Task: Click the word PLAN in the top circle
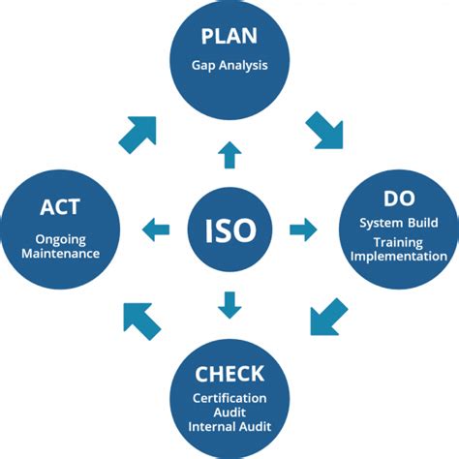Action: (x=229, y=37)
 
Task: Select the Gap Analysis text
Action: (x=229, y=66)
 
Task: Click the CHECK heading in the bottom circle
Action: (x=229, y=374)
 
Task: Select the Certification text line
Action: (x=229, y=397)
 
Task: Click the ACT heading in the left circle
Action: (x=60, y=205)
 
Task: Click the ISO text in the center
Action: (x=229, y=229)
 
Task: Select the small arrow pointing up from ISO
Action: (x=229, y=154)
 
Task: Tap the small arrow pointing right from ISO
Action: (x=303, y=229)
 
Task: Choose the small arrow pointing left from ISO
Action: (x=155, y=229)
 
